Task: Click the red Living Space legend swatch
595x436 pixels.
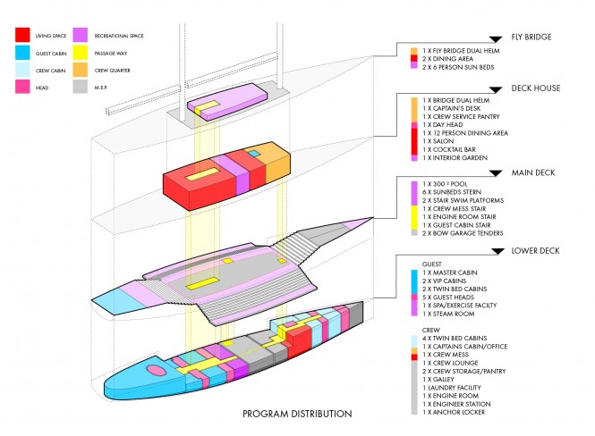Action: pos(24,36)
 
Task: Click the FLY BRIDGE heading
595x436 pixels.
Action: pos(531,38)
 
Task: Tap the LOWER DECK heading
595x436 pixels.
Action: pos(535,251)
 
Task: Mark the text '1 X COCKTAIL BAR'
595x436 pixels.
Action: pos(451,149)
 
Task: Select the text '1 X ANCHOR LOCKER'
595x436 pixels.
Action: pos(456,411)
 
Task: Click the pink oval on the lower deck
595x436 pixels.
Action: pos(155,370)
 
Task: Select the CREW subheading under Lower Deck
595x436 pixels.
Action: pos(431,330)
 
